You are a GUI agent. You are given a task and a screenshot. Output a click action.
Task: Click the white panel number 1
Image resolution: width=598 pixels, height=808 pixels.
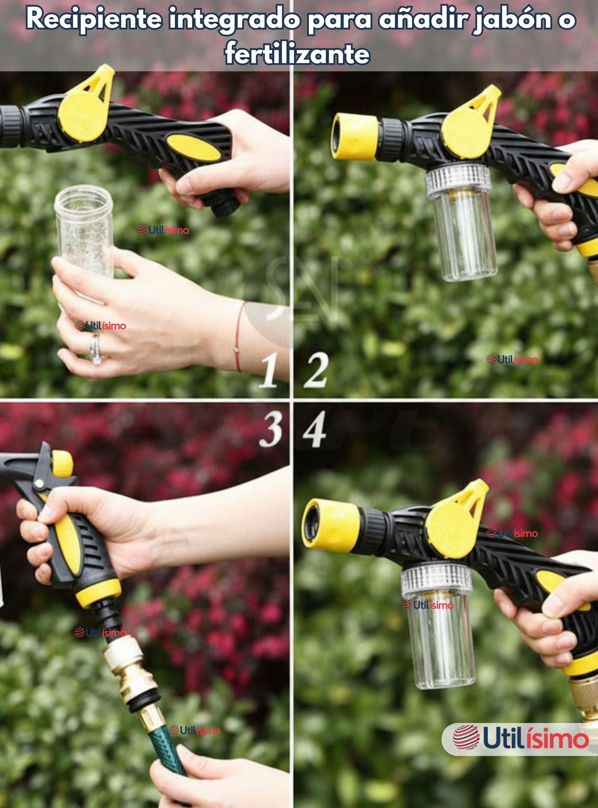coord(270,371)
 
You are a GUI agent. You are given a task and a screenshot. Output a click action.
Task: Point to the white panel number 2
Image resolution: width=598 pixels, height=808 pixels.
coord(316,371)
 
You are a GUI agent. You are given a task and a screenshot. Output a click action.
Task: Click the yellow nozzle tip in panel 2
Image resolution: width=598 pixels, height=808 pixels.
coord(355,136)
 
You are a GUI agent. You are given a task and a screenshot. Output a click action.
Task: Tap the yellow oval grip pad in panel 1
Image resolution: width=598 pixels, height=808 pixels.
coord(194,146)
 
